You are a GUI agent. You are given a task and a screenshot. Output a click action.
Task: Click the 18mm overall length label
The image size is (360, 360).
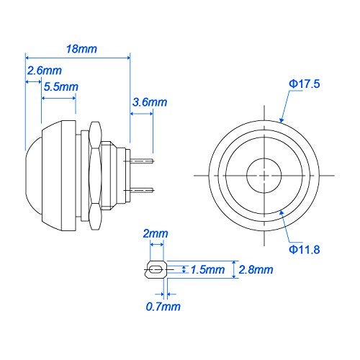pos(81,49)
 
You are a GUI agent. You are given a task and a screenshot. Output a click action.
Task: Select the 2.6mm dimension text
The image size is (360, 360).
pos(45,71)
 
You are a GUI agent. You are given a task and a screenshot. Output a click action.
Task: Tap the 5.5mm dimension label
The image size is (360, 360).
pos(61,86)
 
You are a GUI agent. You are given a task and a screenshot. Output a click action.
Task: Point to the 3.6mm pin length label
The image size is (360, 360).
pos(150,102)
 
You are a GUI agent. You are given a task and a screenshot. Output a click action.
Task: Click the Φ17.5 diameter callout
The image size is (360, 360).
pos(305,84)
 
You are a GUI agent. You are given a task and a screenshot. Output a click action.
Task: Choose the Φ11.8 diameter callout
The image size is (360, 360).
pos(305,249)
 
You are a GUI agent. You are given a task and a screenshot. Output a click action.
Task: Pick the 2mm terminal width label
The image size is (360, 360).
pos(156,233)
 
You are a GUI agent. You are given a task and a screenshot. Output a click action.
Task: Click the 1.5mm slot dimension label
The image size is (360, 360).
pos(208,270)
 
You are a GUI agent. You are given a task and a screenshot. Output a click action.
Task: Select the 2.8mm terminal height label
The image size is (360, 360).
pos(256,270)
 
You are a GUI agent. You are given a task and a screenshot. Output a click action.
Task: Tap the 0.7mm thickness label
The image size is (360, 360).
pos(163,307)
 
